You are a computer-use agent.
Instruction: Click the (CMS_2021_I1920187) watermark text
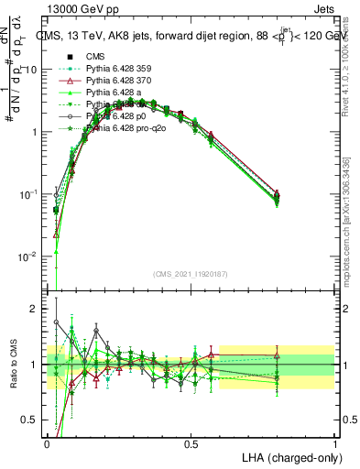click(x=191, y=275)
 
